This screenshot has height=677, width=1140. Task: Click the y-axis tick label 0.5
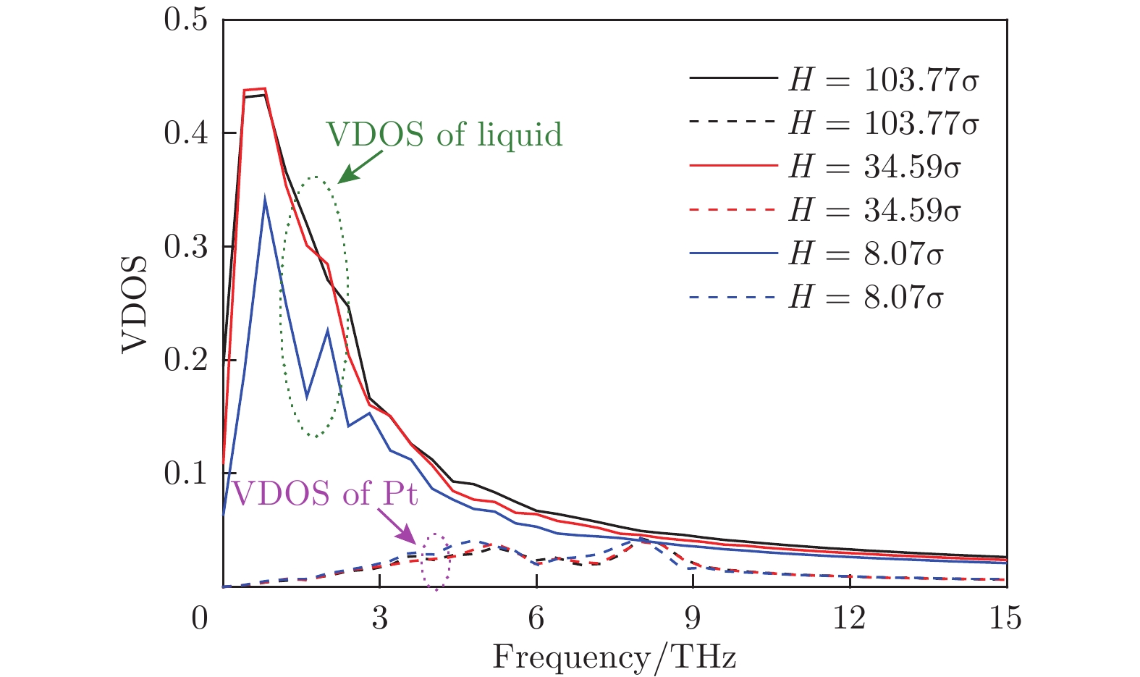tap(185, 20)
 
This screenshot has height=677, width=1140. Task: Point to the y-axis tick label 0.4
tap(185, 134)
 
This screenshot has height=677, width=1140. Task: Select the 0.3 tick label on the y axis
tap(185, 248)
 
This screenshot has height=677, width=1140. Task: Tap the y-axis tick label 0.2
tap(185, 361)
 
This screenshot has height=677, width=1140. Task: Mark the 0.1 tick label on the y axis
tap(185, 474)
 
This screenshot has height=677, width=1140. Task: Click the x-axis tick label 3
tap(380, 619)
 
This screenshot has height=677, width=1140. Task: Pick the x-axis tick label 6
tap(536, 619)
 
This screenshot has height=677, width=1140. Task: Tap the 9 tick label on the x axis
tap(693, 619)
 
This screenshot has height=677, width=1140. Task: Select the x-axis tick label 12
tap(849, 619)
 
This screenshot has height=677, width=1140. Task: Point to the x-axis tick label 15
tap(1005, 619)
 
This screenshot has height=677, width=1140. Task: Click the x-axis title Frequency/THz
tap(614, 657)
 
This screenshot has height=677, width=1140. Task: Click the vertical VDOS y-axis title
tap(135, 304)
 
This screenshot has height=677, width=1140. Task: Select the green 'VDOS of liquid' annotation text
tap(444, 135)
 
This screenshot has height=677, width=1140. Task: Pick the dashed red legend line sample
tap(732, 210)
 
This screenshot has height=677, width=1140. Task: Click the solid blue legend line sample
tap(732, 253)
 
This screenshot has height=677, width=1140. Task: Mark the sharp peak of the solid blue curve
tap(266, 197)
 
